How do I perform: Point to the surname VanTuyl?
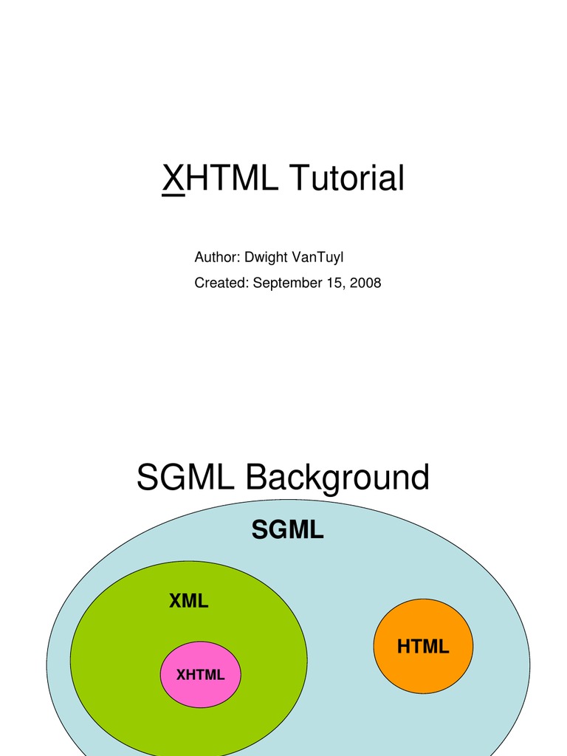pos(317,257)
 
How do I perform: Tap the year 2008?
pos(365,282)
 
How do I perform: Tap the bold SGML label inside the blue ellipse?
pos(287,529)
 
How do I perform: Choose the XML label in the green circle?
pos(189,601)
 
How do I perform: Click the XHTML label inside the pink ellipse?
pos(200,674)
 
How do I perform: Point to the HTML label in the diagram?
pos(423,647)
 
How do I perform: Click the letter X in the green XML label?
pos(176,601)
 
